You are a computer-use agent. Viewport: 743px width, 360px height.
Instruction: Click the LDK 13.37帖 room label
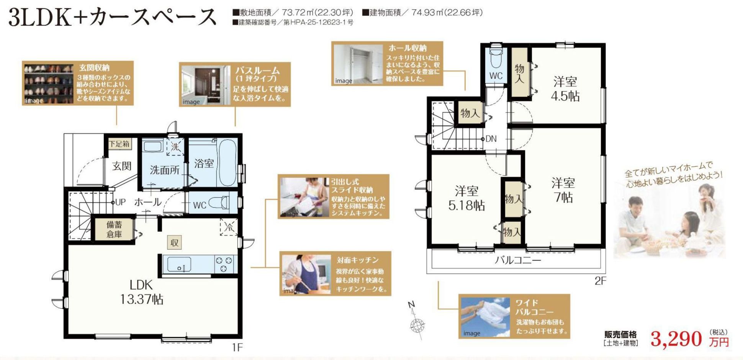[x=142, y=292]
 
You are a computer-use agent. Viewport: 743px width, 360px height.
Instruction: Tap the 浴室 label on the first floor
[x=204, y=164]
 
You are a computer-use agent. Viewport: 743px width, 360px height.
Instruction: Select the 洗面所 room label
[x=165, y=170]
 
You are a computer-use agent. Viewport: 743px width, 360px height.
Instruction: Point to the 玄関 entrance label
[x=122, y=166]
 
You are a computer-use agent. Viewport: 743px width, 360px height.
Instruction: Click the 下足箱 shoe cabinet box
[x=119, y=144]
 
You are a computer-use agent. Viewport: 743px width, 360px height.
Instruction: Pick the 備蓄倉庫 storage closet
[x=114, y=229]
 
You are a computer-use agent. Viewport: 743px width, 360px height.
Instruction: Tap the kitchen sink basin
[x=179, y=264]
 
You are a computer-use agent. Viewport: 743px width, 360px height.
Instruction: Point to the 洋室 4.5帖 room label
[x=565, y=88]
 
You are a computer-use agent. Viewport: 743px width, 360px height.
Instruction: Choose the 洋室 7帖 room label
[x=563, y=190]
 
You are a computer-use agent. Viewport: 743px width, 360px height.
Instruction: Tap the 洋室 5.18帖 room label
[x=466, y=198]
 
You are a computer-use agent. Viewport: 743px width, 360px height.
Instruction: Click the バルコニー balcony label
[x=518, y=260]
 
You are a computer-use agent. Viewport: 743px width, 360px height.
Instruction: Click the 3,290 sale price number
[x=676, y=339]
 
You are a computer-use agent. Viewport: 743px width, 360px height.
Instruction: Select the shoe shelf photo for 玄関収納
[x=49, y=84]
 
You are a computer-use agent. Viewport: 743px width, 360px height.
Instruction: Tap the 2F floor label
[x=600, y=281]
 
